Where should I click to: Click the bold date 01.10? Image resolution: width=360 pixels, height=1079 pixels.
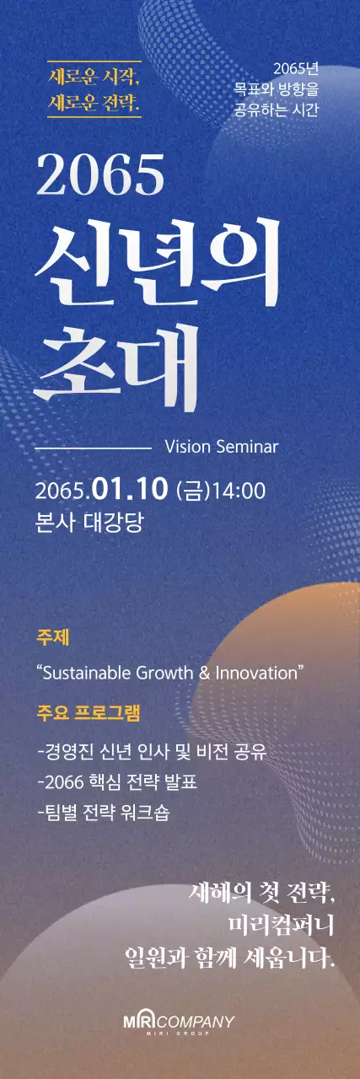(131, 489)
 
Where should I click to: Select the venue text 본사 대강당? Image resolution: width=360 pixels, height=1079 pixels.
(89, 520)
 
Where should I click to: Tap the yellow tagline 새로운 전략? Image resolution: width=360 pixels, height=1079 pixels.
(94, 105)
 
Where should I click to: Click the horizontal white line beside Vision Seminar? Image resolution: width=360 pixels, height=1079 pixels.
(92, 446)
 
